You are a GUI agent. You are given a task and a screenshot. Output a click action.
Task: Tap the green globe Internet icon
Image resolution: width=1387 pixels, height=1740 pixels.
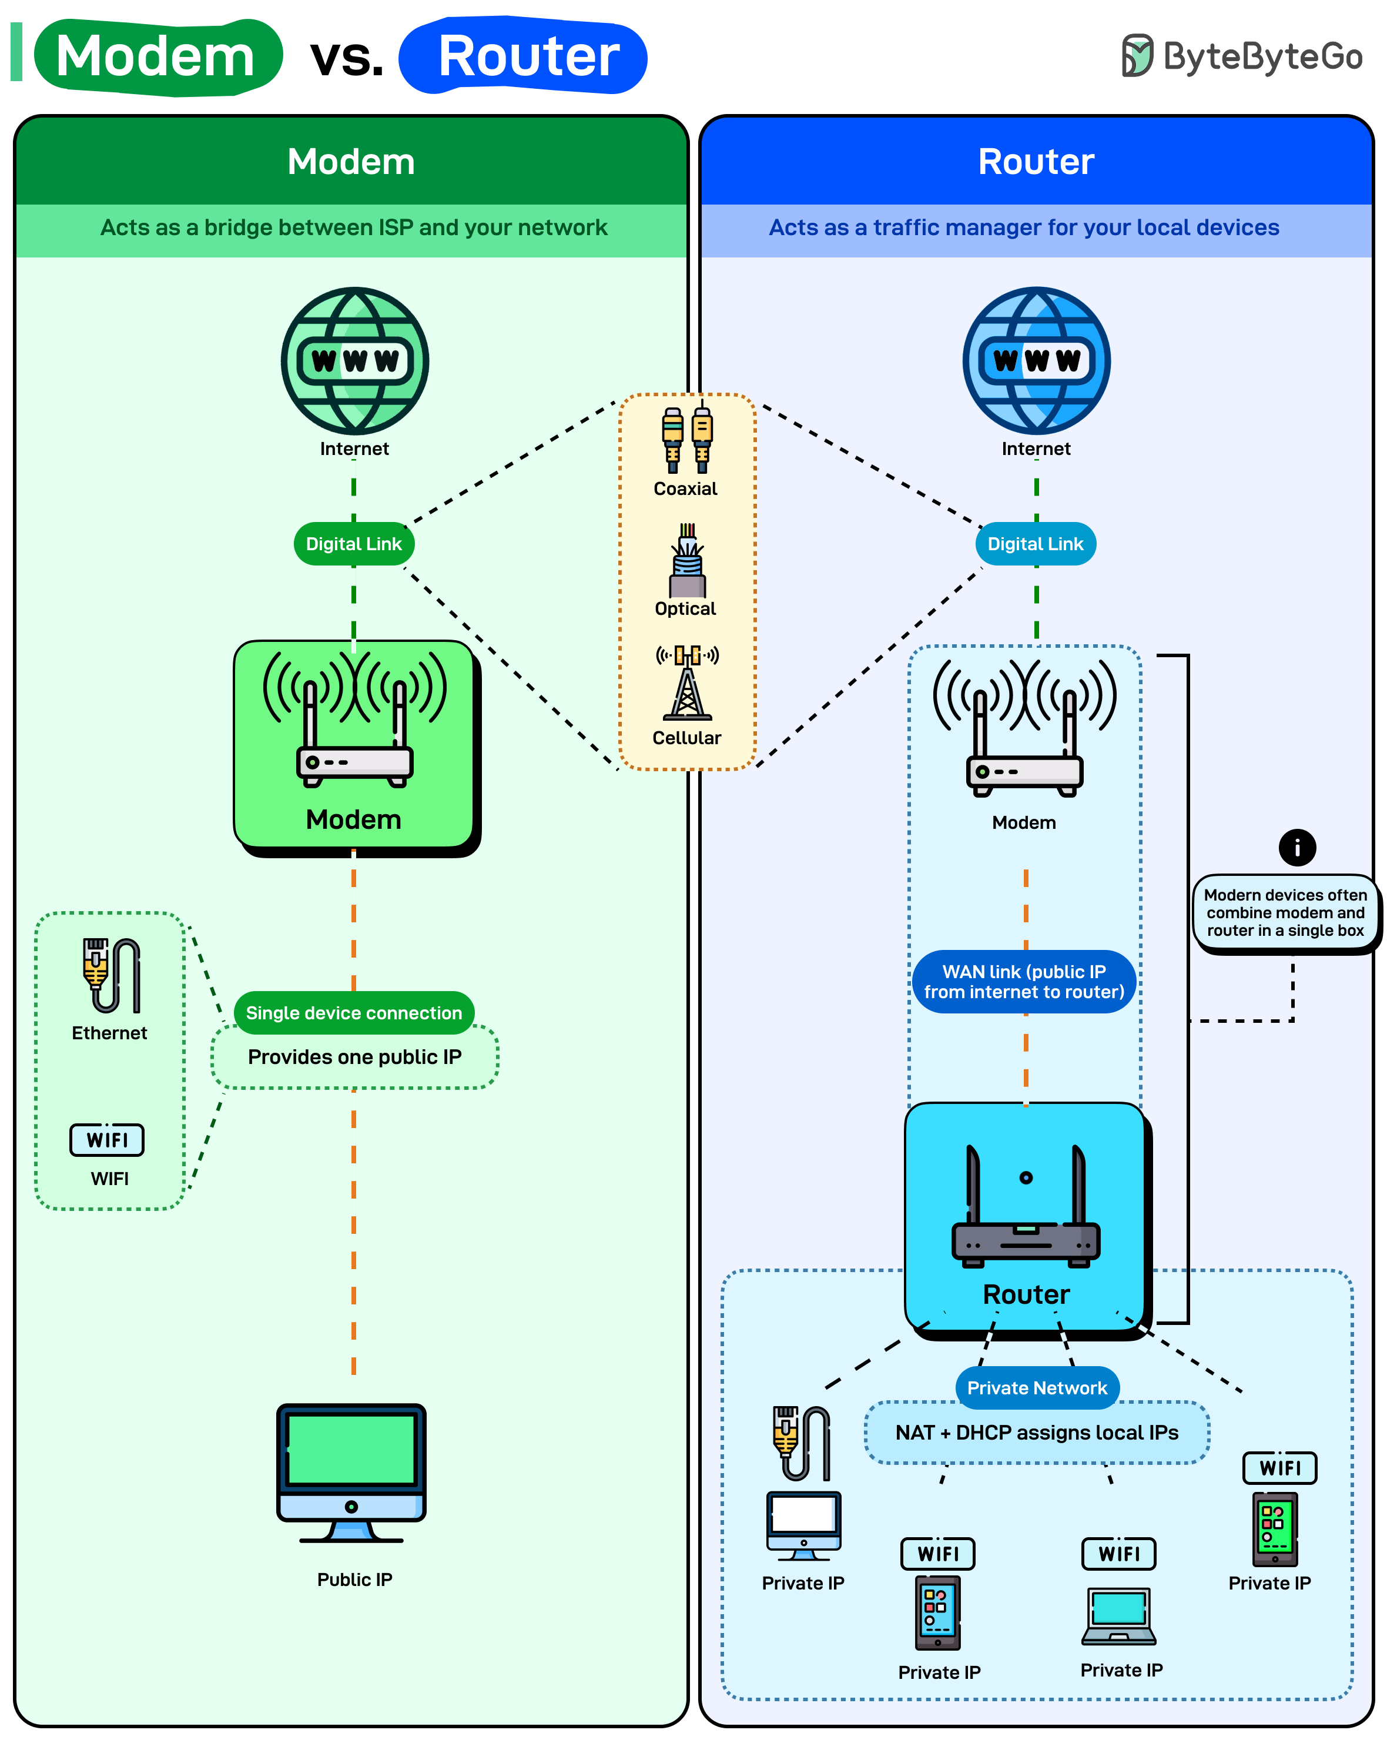(x=354, y=361)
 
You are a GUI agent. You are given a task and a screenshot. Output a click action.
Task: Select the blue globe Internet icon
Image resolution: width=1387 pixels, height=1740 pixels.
(x=1036, y=361)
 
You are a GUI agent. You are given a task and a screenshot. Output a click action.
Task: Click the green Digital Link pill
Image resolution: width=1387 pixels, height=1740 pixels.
(x=353, y=544)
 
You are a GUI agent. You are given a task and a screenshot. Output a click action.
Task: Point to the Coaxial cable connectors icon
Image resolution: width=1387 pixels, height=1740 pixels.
(x=686, y=440)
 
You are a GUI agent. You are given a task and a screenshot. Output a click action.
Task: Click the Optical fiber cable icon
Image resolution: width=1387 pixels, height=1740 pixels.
(x=686, y=560)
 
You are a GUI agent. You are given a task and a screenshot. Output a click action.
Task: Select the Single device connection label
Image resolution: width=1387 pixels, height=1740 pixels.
(x=353, y=1013)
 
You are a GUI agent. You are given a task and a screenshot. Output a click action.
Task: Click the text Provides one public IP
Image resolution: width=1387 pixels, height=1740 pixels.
(x=354, y=1058)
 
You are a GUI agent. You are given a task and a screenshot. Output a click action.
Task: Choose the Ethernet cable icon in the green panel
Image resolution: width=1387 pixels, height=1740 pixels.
(x=111, y=975)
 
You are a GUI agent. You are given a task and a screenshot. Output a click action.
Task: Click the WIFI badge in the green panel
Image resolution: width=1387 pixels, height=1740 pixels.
(x=108, y=1140)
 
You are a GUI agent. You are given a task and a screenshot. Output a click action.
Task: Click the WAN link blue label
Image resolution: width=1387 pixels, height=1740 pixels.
(x=1024, y=981)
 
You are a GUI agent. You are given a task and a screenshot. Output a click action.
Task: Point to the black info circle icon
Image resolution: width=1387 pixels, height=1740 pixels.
(x=1296, y=848)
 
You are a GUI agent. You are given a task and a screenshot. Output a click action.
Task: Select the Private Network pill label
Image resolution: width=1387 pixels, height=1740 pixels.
(x=1037, y=1388)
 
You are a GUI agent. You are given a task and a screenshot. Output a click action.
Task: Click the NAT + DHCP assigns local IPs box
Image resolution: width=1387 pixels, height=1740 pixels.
(x=1037, y=1433)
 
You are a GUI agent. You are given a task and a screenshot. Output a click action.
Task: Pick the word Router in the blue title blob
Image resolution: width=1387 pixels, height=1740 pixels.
(x=528, y=56)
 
